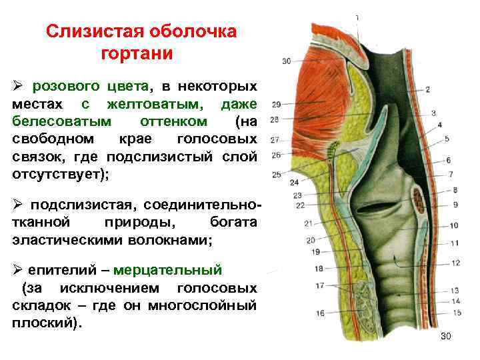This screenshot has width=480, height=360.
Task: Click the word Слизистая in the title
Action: click(x=85, y=32)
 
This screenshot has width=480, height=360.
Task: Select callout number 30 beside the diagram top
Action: click(x=286, y=61)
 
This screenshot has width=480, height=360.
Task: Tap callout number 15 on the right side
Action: click(x=456, y=312)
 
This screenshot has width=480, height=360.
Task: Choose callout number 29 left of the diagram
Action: click(x=275, y=103)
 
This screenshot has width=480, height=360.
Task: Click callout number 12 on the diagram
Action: click(x=455, y=263)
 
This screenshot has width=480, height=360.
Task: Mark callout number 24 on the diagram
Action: click(x=294, y=182)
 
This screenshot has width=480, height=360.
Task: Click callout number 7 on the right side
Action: click(x=451, y=174)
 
